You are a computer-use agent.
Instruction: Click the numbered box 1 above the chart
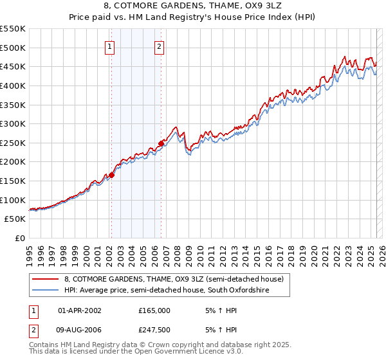110,46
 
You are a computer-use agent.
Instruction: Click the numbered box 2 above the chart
159,46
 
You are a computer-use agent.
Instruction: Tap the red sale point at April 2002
111,174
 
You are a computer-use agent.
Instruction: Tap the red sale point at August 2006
161,143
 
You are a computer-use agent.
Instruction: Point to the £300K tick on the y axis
14,123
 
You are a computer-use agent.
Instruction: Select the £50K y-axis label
16,219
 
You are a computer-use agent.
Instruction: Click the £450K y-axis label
14,66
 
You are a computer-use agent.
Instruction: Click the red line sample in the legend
46,279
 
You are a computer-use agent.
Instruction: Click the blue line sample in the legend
46,291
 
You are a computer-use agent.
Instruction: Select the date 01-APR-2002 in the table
79,310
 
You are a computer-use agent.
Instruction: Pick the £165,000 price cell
154,310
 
